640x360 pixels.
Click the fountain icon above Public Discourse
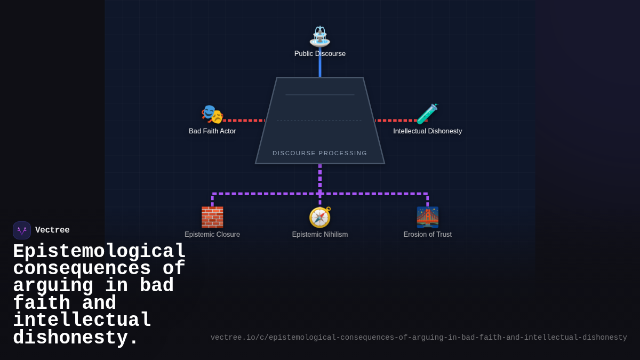[x=320, y=36]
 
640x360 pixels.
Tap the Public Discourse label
[x=320, y=54]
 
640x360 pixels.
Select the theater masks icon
[x=212, y=114]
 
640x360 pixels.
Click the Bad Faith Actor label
[x=212, y=131]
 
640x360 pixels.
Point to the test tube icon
[x=427, y=114]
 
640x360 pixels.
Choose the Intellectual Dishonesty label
[x=427, y=131]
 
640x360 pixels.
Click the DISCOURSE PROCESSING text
[x=320, y=153]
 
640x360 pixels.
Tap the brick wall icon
[x=212, y=217]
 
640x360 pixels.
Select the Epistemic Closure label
[x=212, y=235]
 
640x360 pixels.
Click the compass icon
[x=320, y=217]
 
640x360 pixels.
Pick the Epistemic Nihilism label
[x=320, y=235]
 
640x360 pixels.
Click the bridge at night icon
[x=427, y=217]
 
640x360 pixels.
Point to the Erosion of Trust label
[x=427, y=235]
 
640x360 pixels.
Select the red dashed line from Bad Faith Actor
[x=243, y=121]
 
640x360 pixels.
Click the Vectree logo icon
[x=22, y=230]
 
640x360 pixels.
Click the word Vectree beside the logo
[x=52, y=230]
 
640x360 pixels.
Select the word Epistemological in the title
[x=99, y=252]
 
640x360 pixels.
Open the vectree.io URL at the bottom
[x=419, y=338]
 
